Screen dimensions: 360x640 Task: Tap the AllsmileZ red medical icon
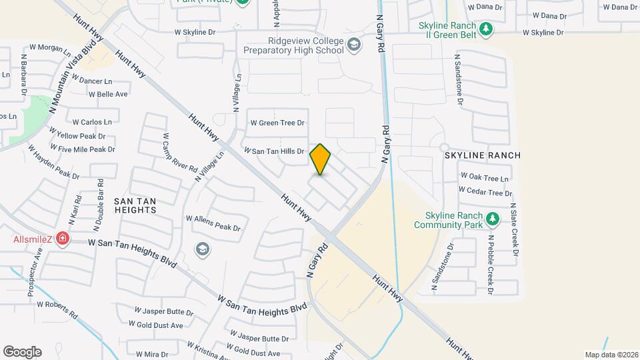(x=63, y=238)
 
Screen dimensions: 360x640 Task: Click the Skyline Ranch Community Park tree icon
(x=493, y=218)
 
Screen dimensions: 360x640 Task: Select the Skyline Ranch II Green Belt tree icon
(x=487, y=29)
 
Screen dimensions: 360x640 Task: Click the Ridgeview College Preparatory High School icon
(x=355, y=45)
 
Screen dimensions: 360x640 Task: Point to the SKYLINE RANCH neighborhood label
(x=483, y=155)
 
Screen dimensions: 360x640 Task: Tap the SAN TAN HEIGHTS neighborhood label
(x=135, y=205)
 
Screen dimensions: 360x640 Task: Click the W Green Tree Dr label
(x=277, y=123)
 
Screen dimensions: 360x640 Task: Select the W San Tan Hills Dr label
(x=273, y=151)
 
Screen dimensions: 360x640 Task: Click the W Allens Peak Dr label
(x=213, y=223)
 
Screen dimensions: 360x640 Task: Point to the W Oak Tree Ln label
(x=484, y=178)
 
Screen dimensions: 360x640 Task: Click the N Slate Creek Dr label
(x=513, y=230)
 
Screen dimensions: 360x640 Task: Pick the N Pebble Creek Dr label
(x=490, y=264)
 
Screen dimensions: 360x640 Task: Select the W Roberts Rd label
(x=58, y=309)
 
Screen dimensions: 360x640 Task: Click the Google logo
(x=22, y=351)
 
